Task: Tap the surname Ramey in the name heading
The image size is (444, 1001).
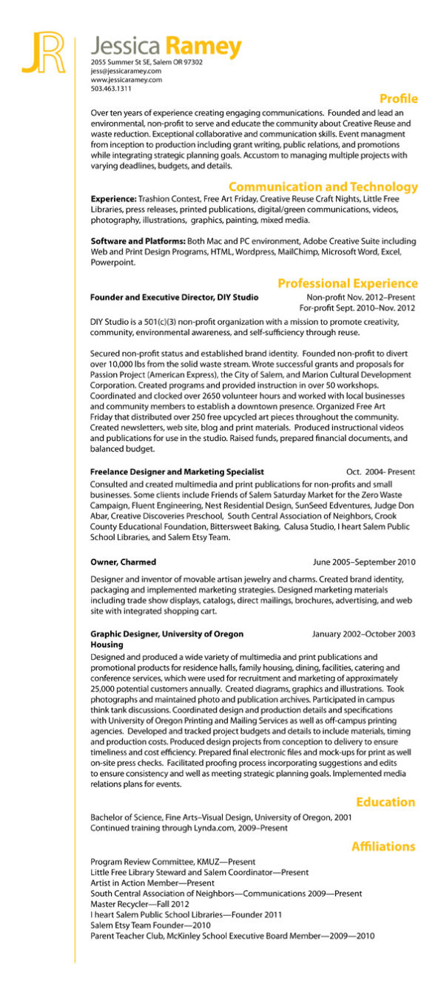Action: click(x=203, y=47)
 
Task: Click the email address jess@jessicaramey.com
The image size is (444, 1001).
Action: click(x=126, y=71)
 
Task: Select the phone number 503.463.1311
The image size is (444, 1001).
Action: click(x=111, y=89)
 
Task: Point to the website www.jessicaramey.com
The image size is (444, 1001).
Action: click(x=127, y=80)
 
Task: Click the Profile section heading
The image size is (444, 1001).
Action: click(x=398, y=99)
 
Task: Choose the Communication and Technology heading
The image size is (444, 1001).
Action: click(x=323, y=187)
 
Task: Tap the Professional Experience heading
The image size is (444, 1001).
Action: click(x=347, y=283)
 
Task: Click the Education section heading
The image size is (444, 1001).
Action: click(x=385, y=802)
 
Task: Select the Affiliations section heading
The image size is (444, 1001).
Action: click(x=383, y=846)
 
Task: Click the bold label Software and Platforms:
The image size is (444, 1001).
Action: click(x=138, y=241)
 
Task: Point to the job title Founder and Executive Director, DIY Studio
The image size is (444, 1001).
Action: click(x=174, y=297)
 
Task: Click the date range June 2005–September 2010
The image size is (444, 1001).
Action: click(x=364, y=562)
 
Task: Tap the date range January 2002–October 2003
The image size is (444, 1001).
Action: click(x=363, y=634)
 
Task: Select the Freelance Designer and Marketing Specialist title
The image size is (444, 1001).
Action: click(x=177, y=471)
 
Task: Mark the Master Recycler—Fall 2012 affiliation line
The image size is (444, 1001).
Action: click(x=140, y=904)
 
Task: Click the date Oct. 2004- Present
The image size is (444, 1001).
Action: click(x=380, y=471)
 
